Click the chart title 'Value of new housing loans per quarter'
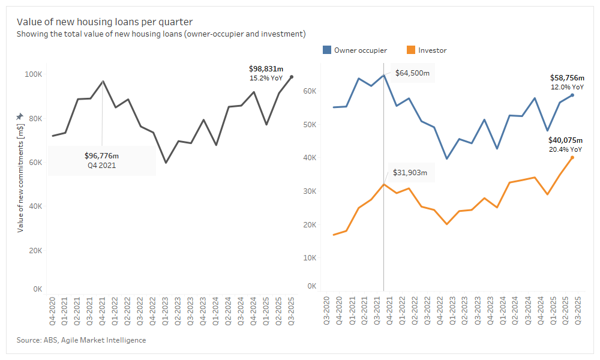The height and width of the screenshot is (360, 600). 104,22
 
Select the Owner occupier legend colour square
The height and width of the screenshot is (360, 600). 327,50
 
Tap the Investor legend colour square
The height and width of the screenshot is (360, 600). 411,50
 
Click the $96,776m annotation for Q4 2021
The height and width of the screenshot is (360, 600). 102,156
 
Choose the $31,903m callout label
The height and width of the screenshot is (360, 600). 410,172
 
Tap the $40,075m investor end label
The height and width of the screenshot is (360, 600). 565,140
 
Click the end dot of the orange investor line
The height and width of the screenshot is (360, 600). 572,158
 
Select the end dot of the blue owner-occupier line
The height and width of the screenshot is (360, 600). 572,95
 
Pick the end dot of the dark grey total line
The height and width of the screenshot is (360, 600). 292,77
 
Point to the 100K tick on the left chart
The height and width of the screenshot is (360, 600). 32,74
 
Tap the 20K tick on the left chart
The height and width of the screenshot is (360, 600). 34,251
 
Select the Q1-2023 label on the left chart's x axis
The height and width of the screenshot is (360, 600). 165,311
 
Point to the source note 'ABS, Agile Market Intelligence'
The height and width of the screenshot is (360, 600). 81,340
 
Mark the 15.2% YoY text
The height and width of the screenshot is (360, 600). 266,78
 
